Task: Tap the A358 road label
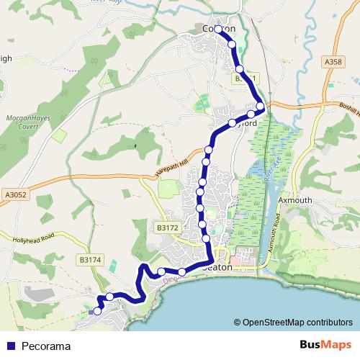click(x=333, y=63)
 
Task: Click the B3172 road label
click(x=166, y=228)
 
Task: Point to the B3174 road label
click(x=90, y=259)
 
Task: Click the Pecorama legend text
click(x=46, y=346)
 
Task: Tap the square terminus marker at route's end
click(x=94, y=311)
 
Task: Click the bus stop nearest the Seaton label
click(x=182, y=271)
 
